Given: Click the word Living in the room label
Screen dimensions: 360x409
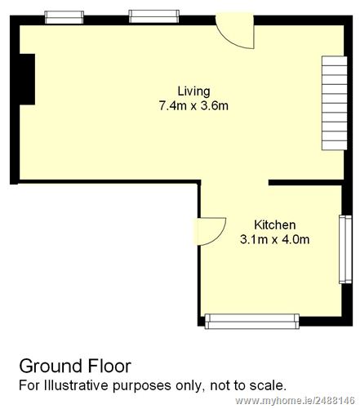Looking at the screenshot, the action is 193,91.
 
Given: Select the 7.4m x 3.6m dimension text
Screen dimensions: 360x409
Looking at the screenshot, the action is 193,105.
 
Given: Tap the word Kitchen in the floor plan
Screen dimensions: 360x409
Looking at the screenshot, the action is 275,225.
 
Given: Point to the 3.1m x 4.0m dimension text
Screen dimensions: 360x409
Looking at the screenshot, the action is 275,239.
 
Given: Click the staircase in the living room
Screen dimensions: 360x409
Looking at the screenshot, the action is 335,103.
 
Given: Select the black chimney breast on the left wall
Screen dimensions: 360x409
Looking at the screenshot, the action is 27,79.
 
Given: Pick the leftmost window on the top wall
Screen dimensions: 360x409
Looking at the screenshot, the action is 64,17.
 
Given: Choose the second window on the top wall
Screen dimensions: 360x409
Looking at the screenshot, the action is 154,16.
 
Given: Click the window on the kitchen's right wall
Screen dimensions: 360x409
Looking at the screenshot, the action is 345,250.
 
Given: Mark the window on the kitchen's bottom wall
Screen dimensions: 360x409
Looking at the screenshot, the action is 251,322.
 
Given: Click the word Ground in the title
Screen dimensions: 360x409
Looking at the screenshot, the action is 51,366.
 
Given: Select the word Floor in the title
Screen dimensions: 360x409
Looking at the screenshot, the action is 109,366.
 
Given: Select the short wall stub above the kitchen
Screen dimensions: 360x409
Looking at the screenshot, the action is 305,182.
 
